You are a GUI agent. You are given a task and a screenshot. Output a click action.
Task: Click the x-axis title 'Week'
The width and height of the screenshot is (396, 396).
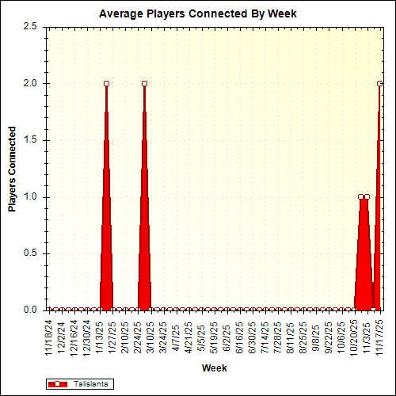click(214, 368)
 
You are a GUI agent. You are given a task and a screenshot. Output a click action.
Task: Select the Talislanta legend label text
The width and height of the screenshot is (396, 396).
click(91, 383)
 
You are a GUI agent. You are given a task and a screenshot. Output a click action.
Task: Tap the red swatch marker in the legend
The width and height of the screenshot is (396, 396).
click(59, 383)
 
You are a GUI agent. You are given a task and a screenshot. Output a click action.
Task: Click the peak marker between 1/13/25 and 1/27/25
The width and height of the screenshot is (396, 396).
click(106, 83)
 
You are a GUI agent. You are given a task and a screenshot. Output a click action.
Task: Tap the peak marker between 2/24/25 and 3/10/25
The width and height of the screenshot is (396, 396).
click(144, 83)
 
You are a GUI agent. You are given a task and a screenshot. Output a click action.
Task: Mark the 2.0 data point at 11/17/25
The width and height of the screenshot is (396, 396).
click(379, 83)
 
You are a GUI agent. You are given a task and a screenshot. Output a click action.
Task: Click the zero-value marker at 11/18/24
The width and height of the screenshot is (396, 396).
click(49, 310)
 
